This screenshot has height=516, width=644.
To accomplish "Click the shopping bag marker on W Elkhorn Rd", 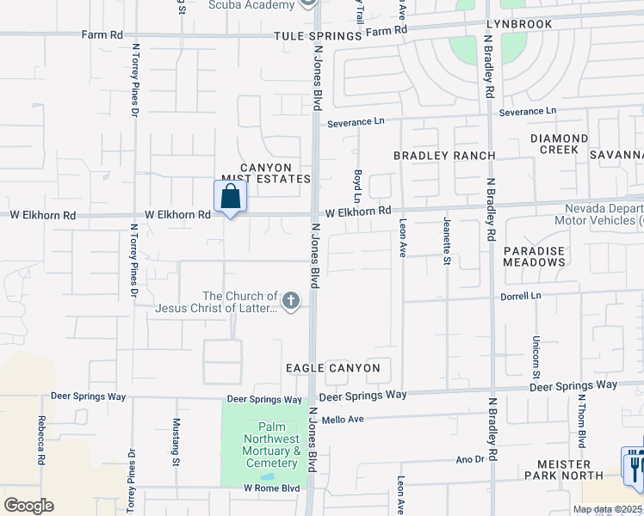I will [230, 196].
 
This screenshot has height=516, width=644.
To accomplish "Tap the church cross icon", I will [291, 301].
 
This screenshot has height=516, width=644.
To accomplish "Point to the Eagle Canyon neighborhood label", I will [333, 368].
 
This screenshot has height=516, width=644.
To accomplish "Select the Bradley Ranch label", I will [444, 156].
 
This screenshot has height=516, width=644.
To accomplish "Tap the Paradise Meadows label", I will [534, 255].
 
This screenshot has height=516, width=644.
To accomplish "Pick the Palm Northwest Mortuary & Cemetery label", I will [270, 445].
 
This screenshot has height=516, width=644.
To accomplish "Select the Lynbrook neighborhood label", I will [518, 24].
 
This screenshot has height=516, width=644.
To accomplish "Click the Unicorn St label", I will [536, 357].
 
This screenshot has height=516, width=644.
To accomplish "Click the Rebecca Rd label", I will [40, 440].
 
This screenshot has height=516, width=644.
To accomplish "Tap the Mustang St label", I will [176, 441].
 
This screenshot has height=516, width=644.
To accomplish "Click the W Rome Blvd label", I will [271, 488].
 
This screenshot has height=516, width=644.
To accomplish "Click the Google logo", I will [28, 506].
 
